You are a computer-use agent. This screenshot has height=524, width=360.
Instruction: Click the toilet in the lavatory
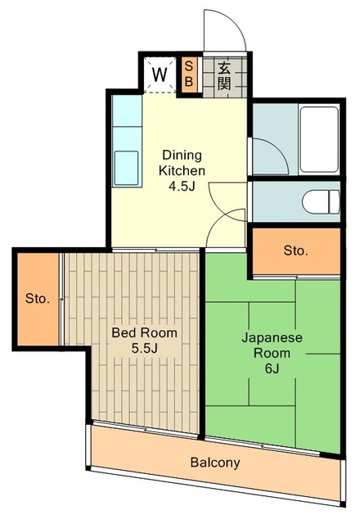point(321,202)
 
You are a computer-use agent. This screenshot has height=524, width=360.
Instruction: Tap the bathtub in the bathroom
point(319,139)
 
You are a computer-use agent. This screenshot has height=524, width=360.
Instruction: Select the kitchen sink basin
point(126,168)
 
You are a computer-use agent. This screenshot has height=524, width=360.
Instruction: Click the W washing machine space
point(160,75)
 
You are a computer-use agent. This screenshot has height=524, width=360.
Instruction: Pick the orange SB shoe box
point(189,75)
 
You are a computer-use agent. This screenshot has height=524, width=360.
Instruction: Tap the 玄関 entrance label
point(224,76)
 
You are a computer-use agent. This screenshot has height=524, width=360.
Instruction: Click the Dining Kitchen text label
point(182,163)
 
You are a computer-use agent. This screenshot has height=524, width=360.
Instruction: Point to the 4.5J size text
point(182,186)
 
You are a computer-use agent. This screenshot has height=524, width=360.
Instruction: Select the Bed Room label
point(144,333)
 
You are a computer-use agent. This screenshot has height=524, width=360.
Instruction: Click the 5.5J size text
point(144,349)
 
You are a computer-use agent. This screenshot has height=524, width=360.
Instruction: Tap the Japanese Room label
point(272,346)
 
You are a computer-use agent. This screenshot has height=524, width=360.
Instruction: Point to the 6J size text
point(272,368)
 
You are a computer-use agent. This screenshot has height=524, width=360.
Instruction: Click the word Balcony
point(215,463)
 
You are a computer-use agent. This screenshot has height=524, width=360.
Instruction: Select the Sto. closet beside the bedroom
point(38,299)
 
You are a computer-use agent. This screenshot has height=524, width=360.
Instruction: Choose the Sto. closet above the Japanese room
point(296,251)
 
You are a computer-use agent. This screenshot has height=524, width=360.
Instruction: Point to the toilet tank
point(335,202)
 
